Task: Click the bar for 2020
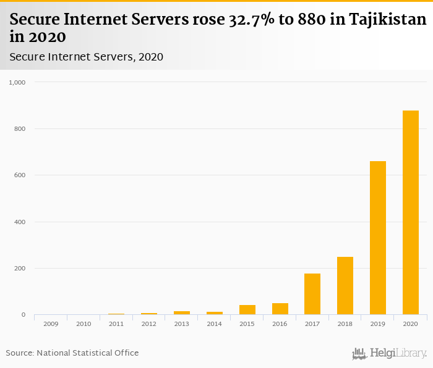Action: click(411, 212)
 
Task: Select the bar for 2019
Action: click(378, 238)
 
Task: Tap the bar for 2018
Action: click(345, 286)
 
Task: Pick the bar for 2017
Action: click(312, 294)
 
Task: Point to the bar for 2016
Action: click(280, 309)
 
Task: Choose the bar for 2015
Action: click(247, 310)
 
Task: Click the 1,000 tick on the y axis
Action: click(17, 82)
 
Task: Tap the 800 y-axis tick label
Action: click(20, 129)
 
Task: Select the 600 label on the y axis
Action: click(20, 175)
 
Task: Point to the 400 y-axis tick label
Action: click(20, 222)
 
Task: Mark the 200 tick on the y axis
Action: click(20, 269)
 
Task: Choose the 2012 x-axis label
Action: click(148, 324)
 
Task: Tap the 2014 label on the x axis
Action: click(214, 324)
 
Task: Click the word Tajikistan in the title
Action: click(387, 20)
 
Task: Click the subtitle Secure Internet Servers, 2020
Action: click(87, 57)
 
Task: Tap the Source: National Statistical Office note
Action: click(72, 353)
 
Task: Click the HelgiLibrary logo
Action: click(389, 353)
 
